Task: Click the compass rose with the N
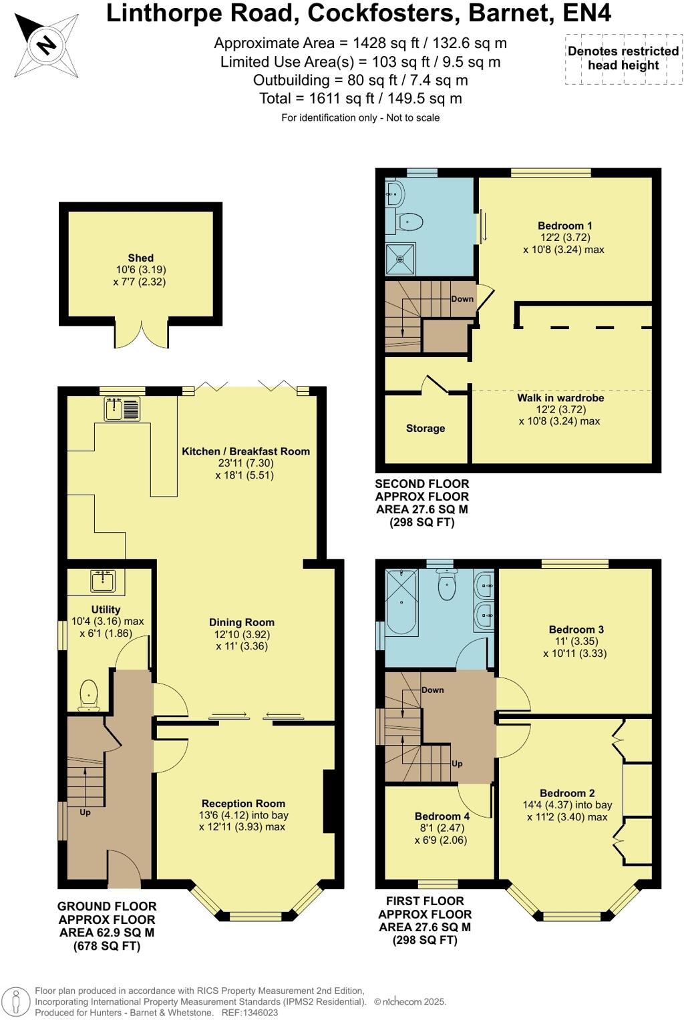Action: [45, 45]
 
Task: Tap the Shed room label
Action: [141, 258]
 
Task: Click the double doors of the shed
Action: [142, 334]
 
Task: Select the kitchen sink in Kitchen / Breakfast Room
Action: [122, 409]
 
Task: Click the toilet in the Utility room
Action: [89, 694]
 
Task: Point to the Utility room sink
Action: [103, 581]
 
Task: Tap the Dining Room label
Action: [241, 622]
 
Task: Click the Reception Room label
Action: [243, 804]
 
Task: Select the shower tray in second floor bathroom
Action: [400, 259]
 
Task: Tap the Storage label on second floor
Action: [425, 429]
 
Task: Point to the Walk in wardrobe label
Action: [560, 398]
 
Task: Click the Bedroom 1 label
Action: [564, 226]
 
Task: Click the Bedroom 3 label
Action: [576, 629]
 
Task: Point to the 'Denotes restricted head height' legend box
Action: [623, 59]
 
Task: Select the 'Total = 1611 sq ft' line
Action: [360, 99]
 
